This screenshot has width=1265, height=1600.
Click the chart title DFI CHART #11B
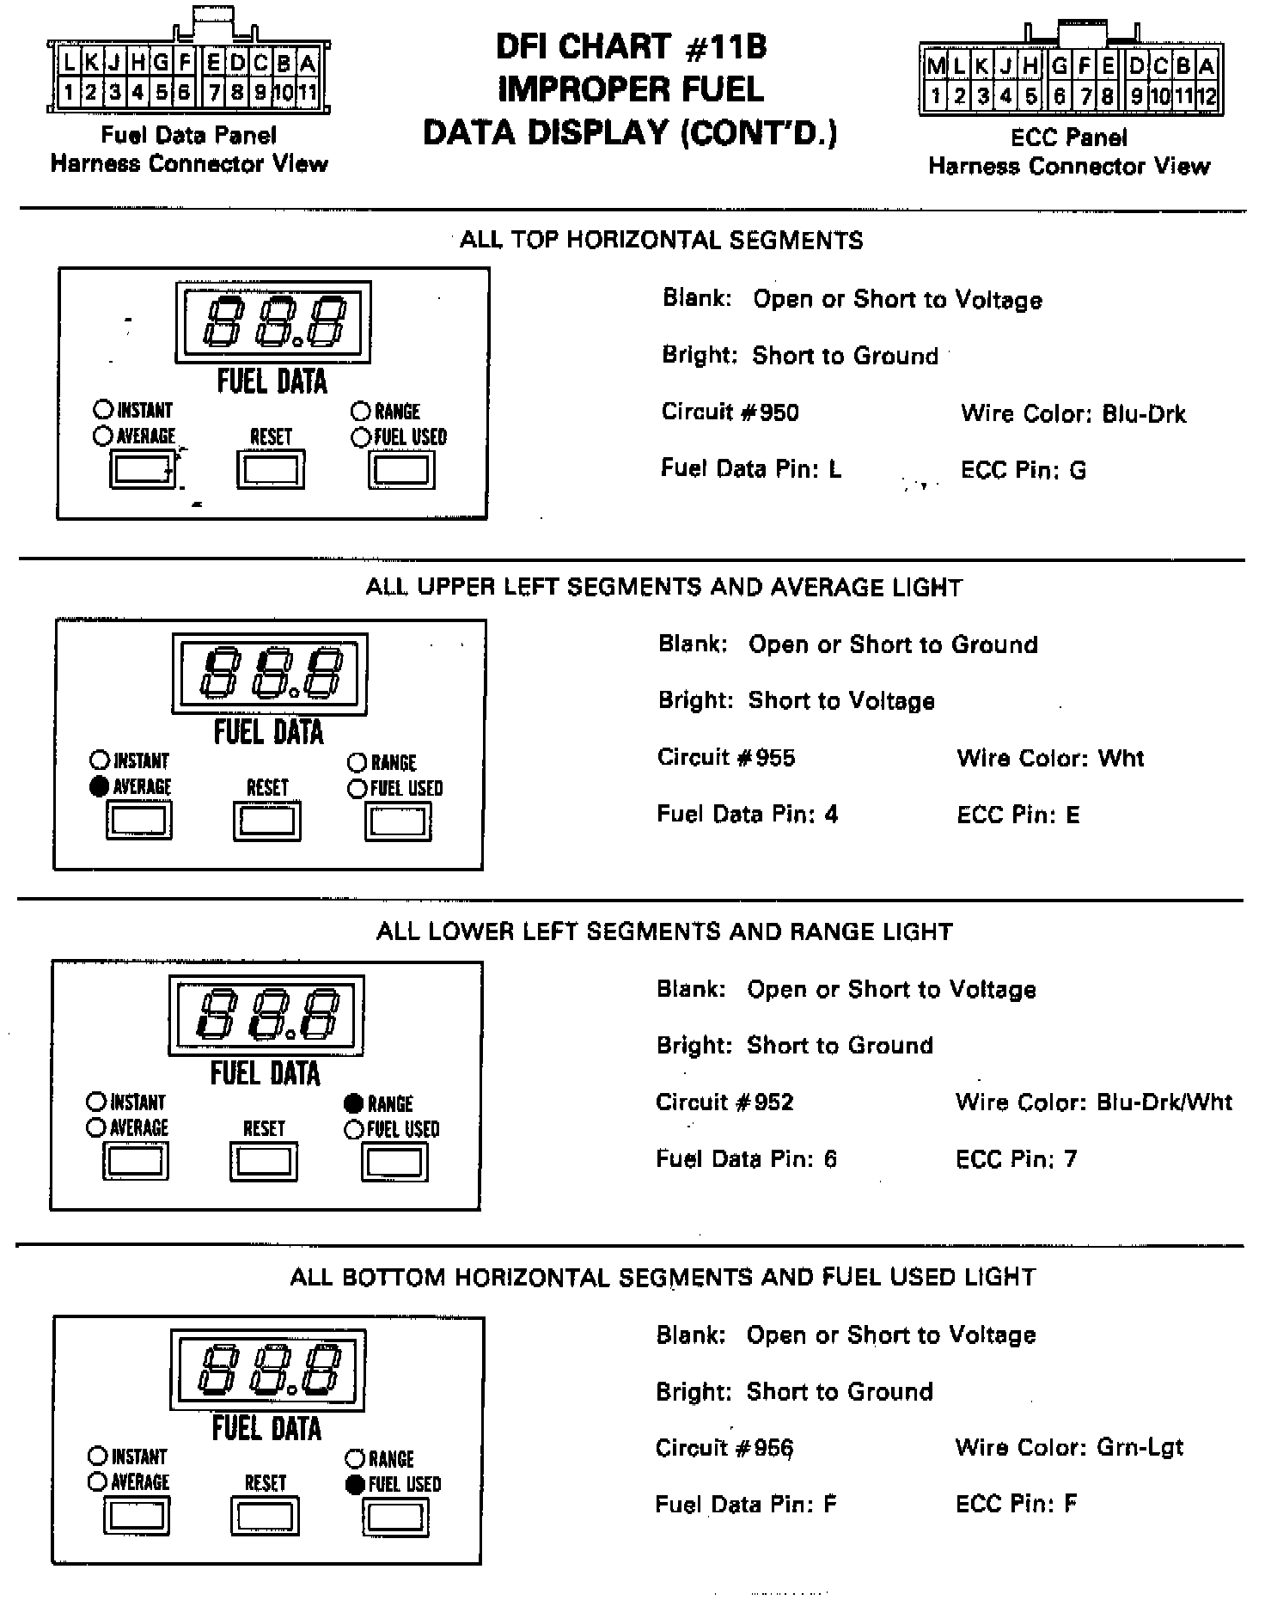click(632, 47)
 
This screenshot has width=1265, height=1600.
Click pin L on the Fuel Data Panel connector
click(69, 63)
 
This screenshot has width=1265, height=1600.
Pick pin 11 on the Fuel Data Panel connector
click(307, 91)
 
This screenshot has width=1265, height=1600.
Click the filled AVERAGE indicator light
click(100, 786)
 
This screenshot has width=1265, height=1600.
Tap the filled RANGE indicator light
click(353, 1103)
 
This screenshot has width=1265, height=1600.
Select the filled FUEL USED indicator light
click(354, 1484)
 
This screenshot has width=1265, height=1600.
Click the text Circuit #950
click(730, 412)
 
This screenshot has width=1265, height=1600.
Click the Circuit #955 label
click(726, 758)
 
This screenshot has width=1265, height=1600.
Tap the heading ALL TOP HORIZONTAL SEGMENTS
click(661, 240)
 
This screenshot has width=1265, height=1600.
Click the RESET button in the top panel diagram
click(271, 470)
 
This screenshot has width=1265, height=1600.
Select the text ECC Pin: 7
click(1016, 1159)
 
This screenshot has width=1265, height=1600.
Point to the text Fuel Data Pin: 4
click(747, 815)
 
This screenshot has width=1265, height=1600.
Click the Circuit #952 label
click(724, 1102)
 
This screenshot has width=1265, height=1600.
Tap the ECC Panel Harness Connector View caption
click(1069, 151)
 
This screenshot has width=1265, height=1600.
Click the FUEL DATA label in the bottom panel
click(266, 1429)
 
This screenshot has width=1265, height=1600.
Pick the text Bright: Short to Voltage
click(796, 701)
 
